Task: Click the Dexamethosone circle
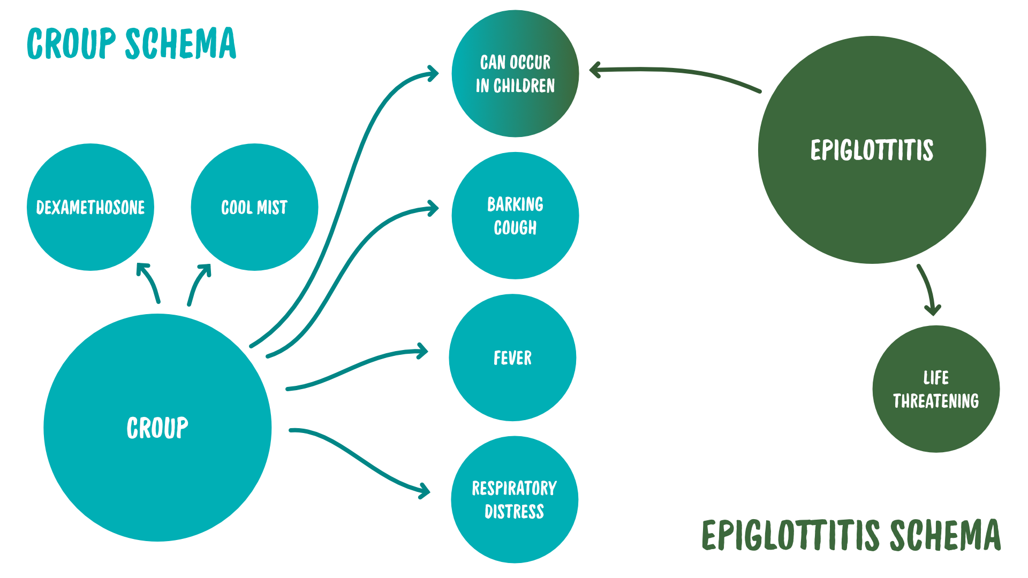coord(90,207)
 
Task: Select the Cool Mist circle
coord(254,207)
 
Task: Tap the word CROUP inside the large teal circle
coord(157,428)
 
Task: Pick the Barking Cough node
coord(515,216)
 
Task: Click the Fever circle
coord(512,358)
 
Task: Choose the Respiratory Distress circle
coord(515,499)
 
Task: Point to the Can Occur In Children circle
coord(515,74)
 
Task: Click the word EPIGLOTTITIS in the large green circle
coord(872,150)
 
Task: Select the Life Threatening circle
coord(936,389)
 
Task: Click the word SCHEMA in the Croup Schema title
coord(180,44)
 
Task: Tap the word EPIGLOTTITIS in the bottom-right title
coord(791,535)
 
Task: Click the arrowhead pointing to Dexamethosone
coord(142,268)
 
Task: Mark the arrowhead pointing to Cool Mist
coord(206,269)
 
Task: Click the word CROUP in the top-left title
coord(71,44)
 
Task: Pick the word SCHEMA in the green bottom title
coord(945,535)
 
